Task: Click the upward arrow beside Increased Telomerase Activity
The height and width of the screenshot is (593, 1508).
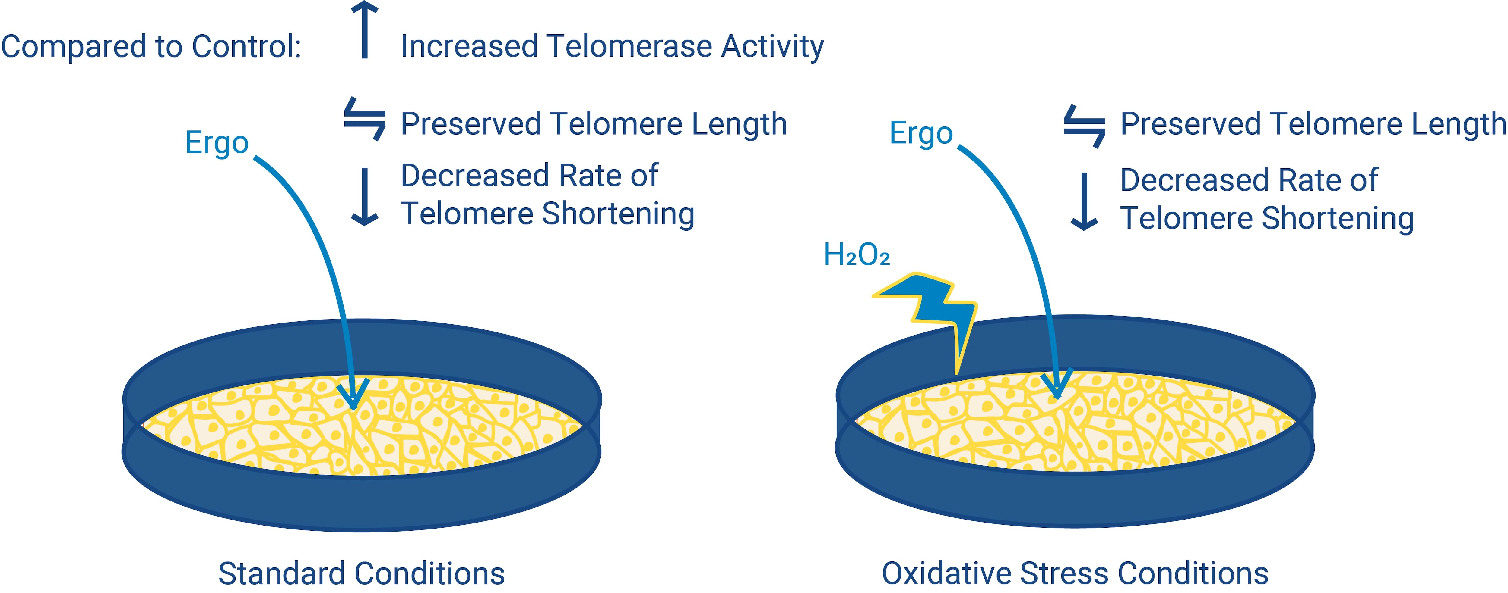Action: pyautogui.click(x=364, y=30)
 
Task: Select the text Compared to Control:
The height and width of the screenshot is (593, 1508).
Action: pyautogui.click(x=151, y=47)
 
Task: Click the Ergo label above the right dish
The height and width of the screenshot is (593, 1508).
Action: pyautogui.click(x=921, y=133)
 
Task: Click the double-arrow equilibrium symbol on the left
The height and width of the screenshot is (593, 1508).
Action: pyautogui.click(x=364, y=119)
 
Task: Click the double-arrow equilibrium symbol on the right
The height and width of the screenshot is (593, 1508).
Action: pyautogui.click(x=1084, y=125)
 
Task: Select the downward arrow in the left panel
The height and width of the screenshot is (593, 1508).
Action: pyautogui.click(x=364, y=196)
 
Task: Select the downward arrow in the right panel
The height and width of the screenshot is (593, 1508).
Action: pyautogui.click(x=1084, y=201)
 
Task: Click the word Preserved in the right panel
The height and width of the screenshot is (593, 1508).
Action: pyautogui.click(x=1190, y=124)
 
